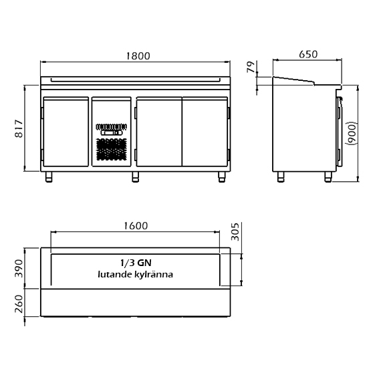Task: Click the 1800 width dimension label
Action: [x=138, y=56]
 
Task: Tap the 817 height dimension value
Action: [x=19, y=129]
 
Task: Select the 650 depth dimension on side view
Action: [x=308, y=54]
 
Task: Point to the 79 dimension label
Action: [x=251, y=67]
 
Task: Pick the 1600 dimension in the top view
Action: [x=136, y=226]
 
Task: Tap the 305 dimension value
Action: [x=235, y=232]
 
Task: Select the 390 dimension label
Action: [x=19, y=269]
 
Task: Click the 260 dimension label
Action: [x=19, y=303]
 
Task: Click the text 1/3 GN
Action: [x=136, y=263]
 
